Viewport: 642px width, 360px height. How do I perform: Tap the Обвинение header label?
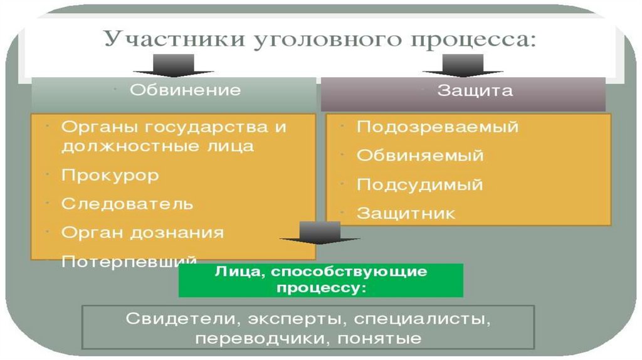pyautogui.click(x=185, y=90)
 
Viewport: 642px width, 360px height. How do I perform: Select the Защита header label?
pyautogui.click(x=475, y=90)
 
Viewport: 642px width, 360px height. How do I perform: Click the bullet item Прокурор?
pyautogui.click(x=110, y=175)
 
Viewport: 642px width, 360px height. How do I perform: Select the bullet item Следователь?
pyautogui.click(x=127, y=204)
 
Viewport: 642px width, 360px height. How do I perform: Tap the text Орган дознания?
pyautogui.click(x=142, y=233)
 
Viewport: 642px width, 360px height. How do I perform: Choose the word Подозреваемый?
pyautogui.click(x=438, y=127)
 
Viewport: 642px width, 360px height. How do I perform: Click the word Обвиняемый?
pyautogui.click(x=420, y=156)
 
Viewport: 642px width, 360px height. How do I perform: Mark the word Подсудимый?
pyautogui.click(x=419, y=185)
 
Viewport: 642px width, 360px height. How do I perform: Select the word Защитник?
pyautogui.click(x=406, y=214)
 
